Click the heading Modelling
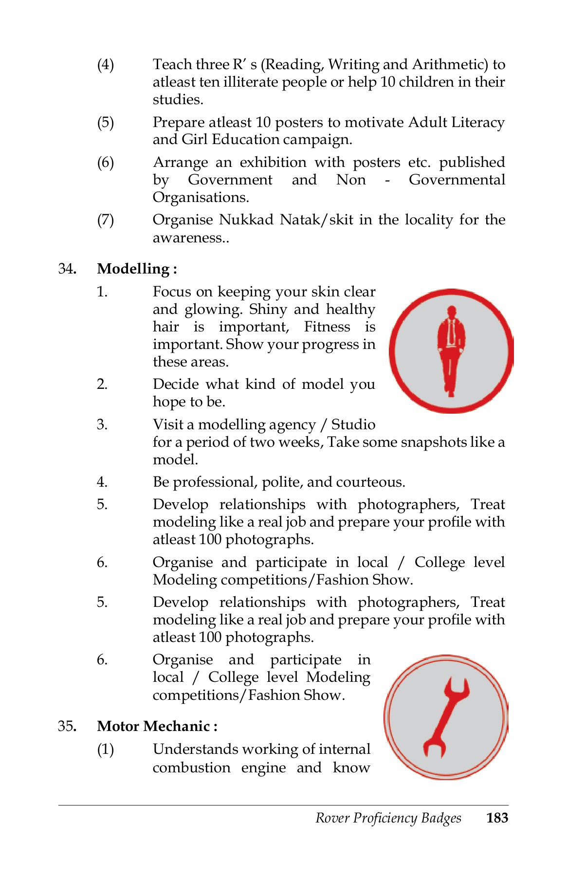137,269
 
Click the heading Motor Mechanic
157,726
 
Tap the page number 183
497,818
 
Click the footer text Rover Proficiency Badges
388,818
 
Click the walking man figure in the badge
451,350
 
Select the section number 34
67,269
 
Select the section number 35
67,726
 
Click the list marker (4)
106,64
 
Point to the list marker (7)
106,220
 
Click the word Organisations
201,198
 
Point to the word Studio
353,424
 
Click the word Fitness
327,327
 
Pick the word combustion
191,767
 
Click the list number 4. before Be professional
102,482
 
